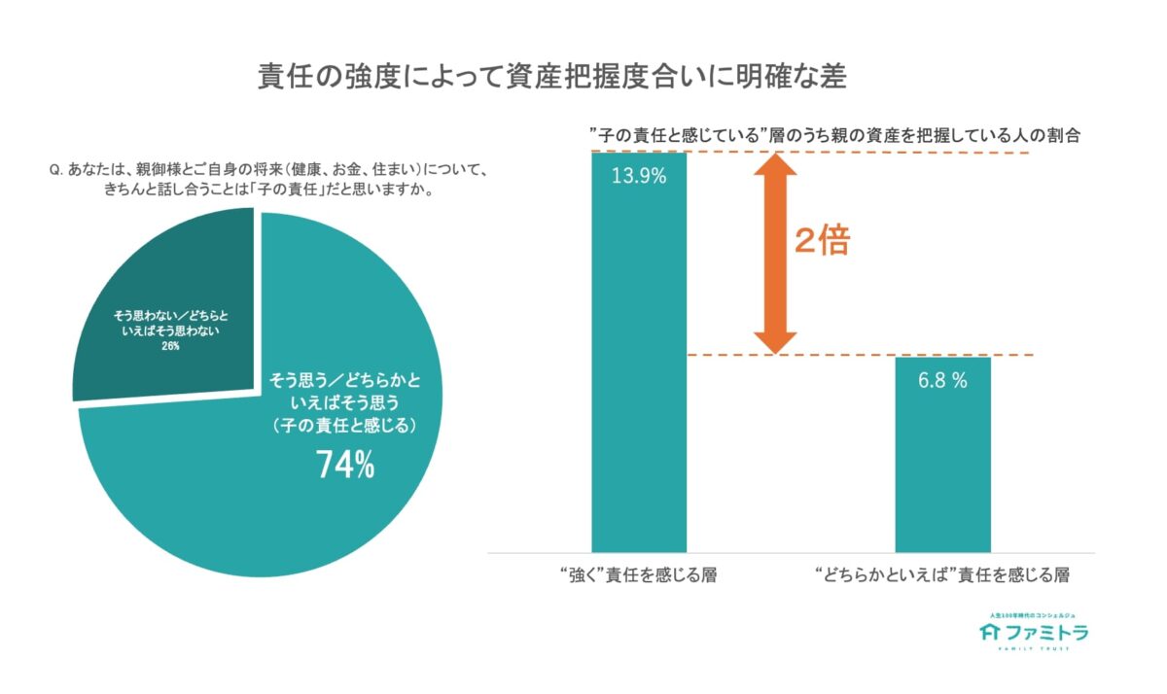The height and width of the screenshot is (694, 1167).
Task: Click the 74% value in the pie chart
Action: click(345, 466)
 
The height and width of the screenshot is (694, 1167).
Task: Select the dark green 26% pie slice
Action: click(156, 292)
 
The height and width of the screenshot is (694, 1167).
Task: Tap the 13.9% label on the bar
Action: click(639, 177)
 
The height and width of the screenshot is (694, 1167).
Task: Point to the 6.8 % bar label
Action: click(942, 381)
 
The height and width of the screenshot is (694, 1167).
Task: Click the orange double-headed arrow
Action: click(775, 255)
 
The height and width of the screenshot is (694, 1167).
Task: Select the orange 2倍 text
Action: click(821, 242)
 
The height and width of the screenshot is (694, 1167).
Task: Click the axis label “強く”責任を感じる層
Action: click(639, 575)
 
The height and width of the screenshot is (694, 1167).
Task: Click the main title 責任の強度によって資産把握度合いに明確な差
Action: click(551, 77)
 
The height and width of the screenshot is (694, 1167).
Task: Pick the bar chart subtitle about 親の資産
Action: click(836, 135)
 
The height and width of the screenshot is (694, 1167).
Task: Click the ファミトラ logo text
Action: click(1046, 633)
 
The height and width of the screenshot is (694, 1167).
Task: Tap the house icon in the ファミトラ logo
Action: click(990, 633)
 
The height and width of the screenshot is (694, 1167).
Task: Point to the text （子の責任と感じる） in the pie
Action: click(345, 425)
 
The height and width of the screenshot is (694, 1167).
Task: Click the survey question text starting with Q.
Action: click(267, 179)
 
